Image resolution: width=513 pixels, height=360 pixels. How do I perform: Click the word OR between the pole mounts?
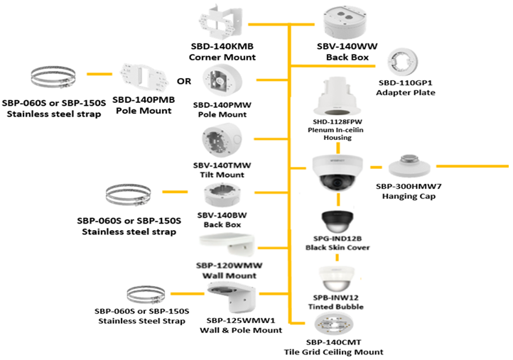pyautogui.click(x=184, y=81)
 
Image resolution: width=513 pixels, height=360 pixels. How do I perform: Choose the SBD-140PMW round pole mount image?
pyautogui.click(x=222, y=84)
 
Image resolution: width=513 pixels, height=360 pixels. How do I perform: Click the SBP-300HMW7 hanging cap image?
pyautogui.click(x=409, y=165)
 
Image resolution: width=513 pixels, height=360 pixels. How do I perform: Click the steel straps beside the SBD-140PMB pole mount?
pyautogui.click(x=53, y=79)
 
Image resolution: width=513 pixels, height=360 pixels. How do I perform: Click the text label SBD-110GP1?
pyautogui.click(x=404, y=83)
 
